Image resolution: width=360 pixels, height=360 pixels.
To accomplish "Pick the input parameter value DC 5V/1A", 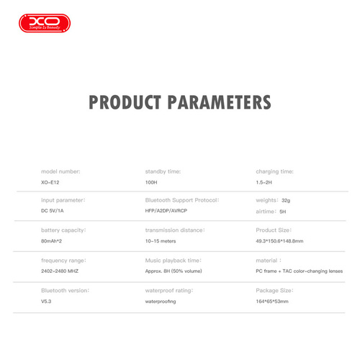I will click(x=55, y=212).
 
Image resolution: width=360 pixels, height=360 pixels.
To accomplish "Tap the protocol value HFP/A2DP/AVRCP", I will click(x=170, y=212).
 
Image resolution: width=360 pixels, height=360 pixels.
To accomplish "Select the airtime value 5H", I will click(x=283, y=212).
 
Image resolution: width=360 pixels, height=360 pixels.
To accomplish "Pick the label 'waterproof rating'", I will click(x=170, y=289).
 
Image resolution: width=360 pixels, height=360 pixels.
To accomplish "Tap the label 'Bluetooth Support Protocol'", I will click(x=182, y=199).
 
